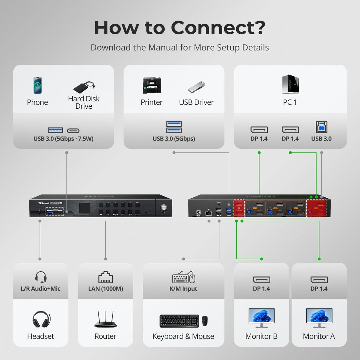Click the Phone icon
coord(38,85)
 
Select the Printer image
coord(152,85)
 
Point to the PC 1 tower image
coord(290,84)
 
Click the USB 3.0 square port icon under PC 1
coord(321,127)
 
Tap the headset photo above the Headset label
coord(41,319)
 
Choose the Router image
coord(105,319)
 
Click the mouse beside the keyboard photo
coord(205,321)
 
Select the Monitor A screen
coord(319,316)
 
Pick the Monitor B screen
coord(261,316)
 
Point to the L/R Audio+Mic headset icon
coord(41,277)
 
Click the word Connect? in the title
coord(218,28)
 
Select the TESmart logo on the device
coord(44,203)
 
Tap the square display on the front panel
coord(85,208)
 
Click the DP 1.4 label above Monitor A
coord(319,289)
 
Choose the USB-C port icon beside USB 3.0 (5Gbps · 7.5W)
coord(73,131)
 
